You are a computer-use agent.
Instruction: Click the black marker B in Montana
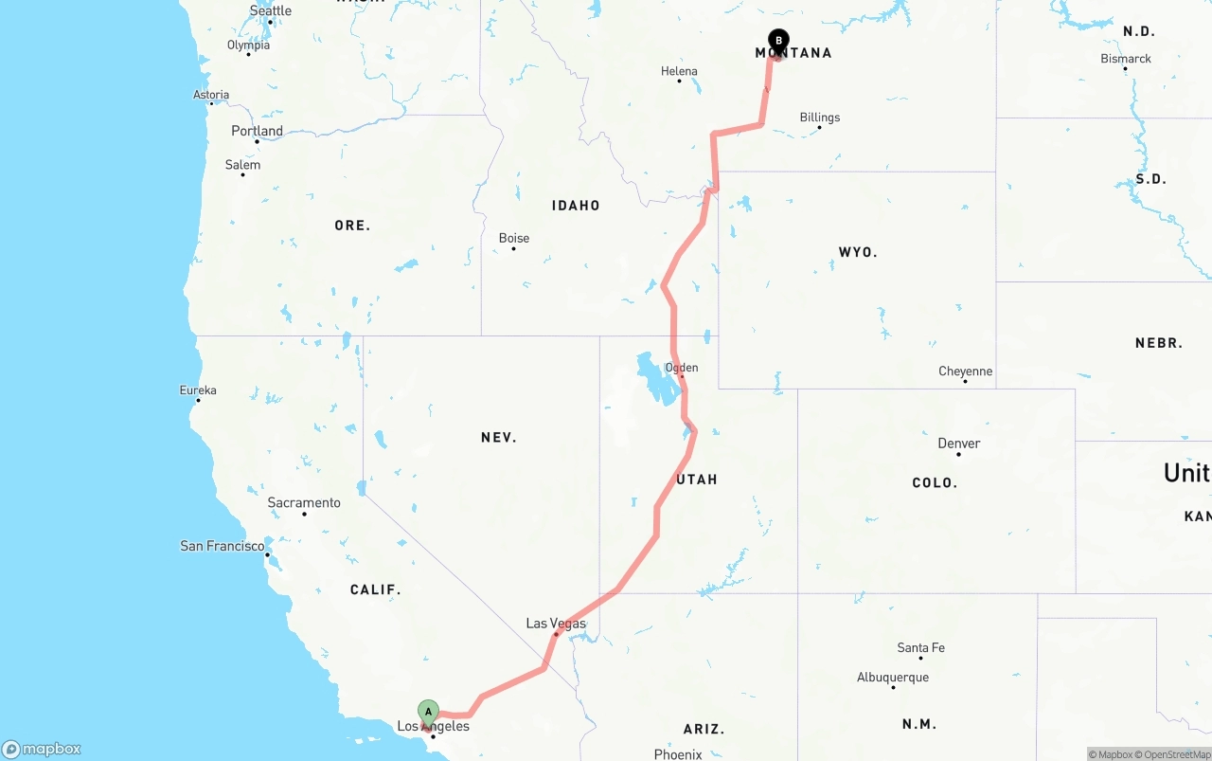[x=778, y=41]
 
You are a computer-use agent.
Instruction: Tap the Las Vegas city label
[x=556, y=624]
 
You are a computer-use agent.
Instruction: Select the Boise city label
[x=514, y=238]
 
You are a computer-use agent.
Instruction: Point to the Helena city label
[x=679, y=71]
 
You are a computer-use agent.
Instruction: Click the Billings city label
[x=820, y=118]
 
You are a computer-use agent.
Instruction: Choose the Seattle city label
[x=271, y=11]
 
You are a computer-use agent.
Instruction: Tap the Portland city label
[x=258, y=131]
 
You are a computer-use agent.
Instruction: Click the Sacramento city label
[x=304, y=503]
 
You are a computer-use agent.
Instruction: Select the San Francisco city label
[x=223, y=546]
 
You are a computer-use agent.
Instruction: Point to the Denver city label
[x=959, y=444]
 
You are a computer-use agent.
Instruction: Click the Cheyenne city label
[x=966, y=371]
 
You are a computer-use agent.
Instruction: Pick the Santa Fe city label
[x=921, y=648]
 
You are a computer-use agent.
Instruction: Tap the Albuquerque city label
[x=893, y=678]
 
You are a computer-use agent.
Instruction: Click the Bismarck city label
[x=1126, y=59]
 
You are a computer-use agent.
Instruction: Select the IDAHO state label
[x=577, y=206]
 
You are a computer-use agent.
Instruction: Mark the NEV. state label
[x=499, y=437]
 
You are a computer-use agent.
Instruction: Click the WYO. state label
[x=858, y=252]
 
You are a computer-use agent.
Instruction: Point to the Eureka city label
[x=198, y=390]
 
